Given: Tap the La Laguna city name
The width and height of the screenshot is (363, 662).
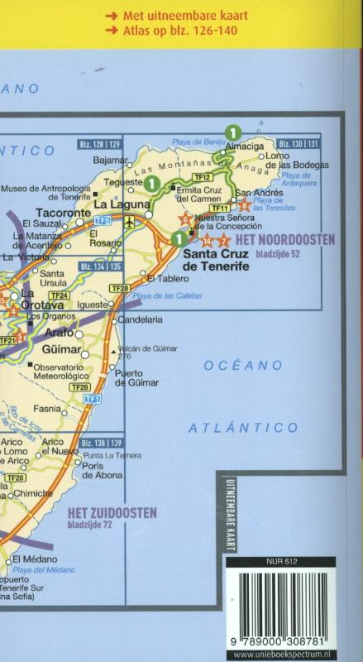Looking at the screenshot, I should click(112, 204).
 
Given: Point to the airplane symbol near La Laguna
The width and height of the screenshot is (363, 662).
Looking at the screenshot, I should click(128, 221).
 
